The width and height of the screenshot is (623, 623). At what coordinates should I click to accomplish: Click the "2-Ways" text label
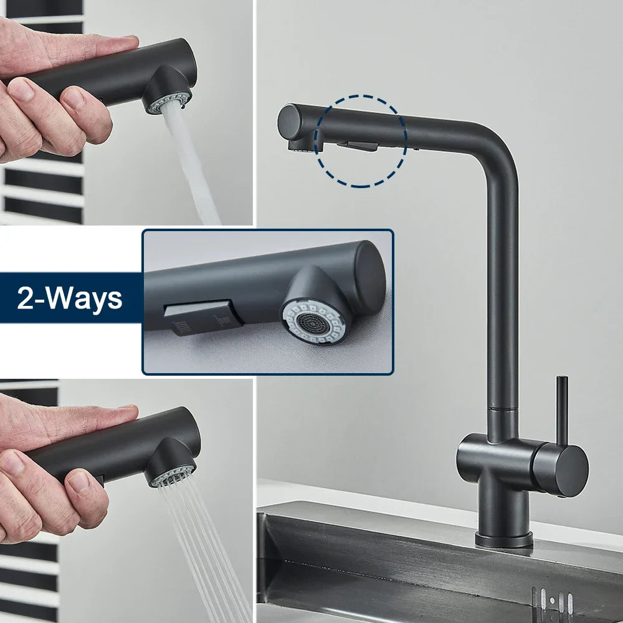(69, 298)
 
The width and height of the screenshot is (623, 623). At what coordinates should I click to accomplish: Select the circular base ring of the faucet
(503, 540)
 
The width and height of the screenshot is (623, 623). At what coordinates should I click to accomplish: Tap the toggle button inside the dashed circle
(357, 145)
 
